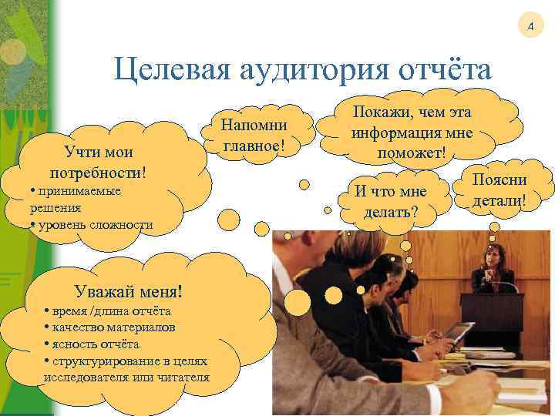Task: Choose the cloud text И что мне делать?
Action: (x=390, y=199)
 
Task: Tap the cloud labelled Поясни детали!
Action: (x=500, y=190)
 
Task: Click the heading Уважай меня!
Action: (x=129, y=291)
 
